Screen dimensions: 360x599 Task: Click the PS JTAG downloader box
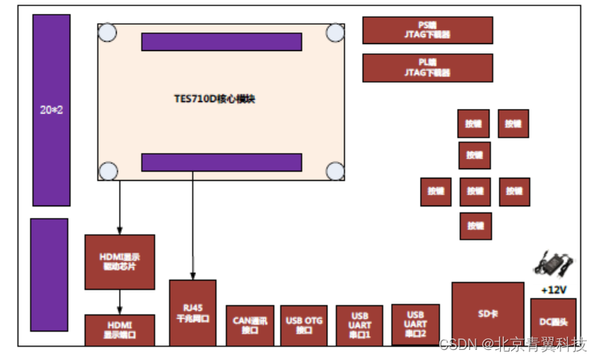pos(427,30)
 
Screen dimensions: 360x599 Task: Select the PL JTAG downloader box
pos(427,67)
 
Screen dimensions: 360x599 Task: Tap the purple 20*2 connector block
pos(51,110)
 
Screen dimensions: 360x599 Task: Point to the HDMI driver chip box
pos(120,261)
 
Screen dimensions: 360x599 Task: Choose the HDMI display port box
pos(120,330)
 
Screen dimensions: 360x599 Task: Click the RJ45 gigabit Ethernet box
pos(192,312)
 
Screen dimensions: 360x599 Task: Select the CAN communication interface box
pos(250,325)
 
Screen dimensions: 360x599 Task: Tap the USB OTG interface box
pos(303,325)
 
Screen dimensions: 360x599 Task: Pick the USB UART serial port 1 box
pos(359,325)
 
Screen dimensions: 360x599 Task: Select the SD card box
pos(487,314)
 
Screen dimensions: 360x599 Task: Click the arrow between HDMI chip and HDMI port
pos(120,301)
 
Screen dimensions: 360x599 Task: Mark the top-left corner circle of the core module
pos(107,33)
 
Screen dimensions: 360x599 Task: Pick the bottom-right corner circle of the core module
pos(335,172)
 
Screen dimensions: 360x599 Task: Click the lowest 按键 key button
pos(475,226)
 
